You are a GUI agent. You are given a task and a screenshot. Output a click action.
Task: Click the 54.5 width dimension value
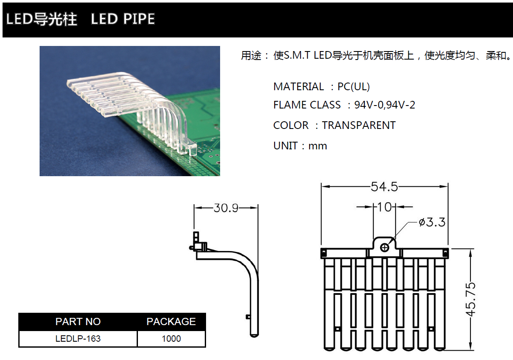tap(384, 186)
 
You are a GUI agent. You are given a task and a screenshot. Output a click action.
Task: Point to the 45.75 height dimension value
tap(470, 299)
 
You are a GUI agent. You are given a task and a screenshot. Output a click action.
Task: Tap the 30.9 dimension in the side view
tap(226, 208)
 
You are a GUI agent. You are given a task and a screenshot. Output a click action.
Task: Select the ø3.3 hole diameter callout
tap(432, 222)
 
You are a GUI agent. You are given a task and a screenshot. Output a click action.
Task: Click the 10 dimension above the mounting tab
tap(384, 207)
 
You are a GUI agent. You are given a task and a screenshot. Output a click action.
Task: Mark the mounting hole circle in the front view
tap(385, 247)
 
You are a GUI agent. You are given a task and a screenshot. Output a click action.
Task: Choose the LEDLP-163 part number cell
tap(78, 339)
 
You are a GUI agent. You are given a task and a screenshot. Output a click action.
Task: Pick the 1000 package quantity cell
tap(171, 339)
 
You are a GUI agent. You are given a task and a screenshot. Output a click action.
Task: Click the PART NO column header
tap(78, 321)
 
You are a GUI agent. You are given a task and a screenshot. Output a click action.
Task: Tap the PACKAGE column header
tap(171, 321)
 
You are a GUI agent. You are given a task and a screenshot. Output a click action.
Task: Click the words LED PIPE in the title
tap(123, 19)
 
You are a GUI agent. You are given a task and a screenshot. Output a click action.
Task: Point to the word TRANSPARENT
tap(358, 125)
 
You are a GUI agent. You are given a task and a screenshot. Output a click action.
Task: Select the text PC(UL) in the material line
tap(353, 87)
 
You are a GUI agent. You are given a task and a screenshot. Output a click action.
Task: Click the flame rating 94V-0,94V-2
tap(384, 105)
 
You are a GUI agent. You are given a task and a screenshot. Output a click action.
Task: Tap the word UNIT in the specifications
tap(285, 146)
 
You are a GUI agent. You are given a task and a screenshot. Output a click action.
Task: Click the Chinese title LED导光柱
tap(41, 19)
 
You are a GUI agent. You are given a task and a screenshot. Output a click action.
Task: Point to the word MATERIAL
tap(298, 87)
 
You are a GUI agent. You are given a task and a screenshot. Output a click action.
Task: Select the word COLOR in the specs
tap(291, 125)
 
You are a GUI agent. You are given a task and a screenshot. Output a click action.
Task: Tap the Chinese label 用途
tap(252, 56)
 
